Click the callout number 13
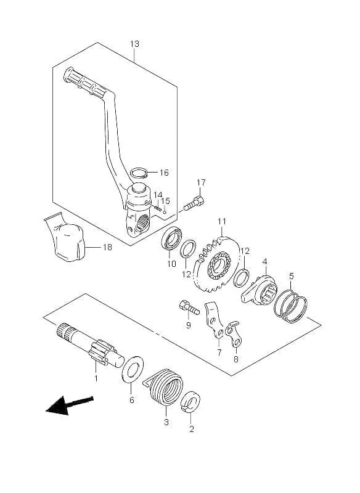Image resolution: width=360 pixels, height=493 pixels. coord(134,44)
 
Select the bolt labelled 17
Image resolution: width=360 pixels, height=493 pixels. coord(194,203)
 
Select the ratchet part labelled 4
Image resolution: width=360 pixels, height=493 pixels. coord(260,290)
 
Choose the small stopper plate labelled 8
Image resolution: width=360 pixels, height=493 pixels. coord(234,334)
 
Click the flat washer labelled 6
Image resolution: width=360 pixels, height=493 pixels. coord(133,369)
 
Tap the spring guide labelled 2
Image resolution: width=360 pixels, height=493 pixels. coord(191,402)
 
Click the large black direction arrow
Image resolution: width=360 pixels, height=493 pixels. coord(70,405)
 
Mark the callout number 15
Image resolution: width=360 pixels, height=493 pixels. coord(165,201)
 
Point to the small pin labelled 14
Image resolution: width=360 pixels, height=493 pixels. coord(158,207)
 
